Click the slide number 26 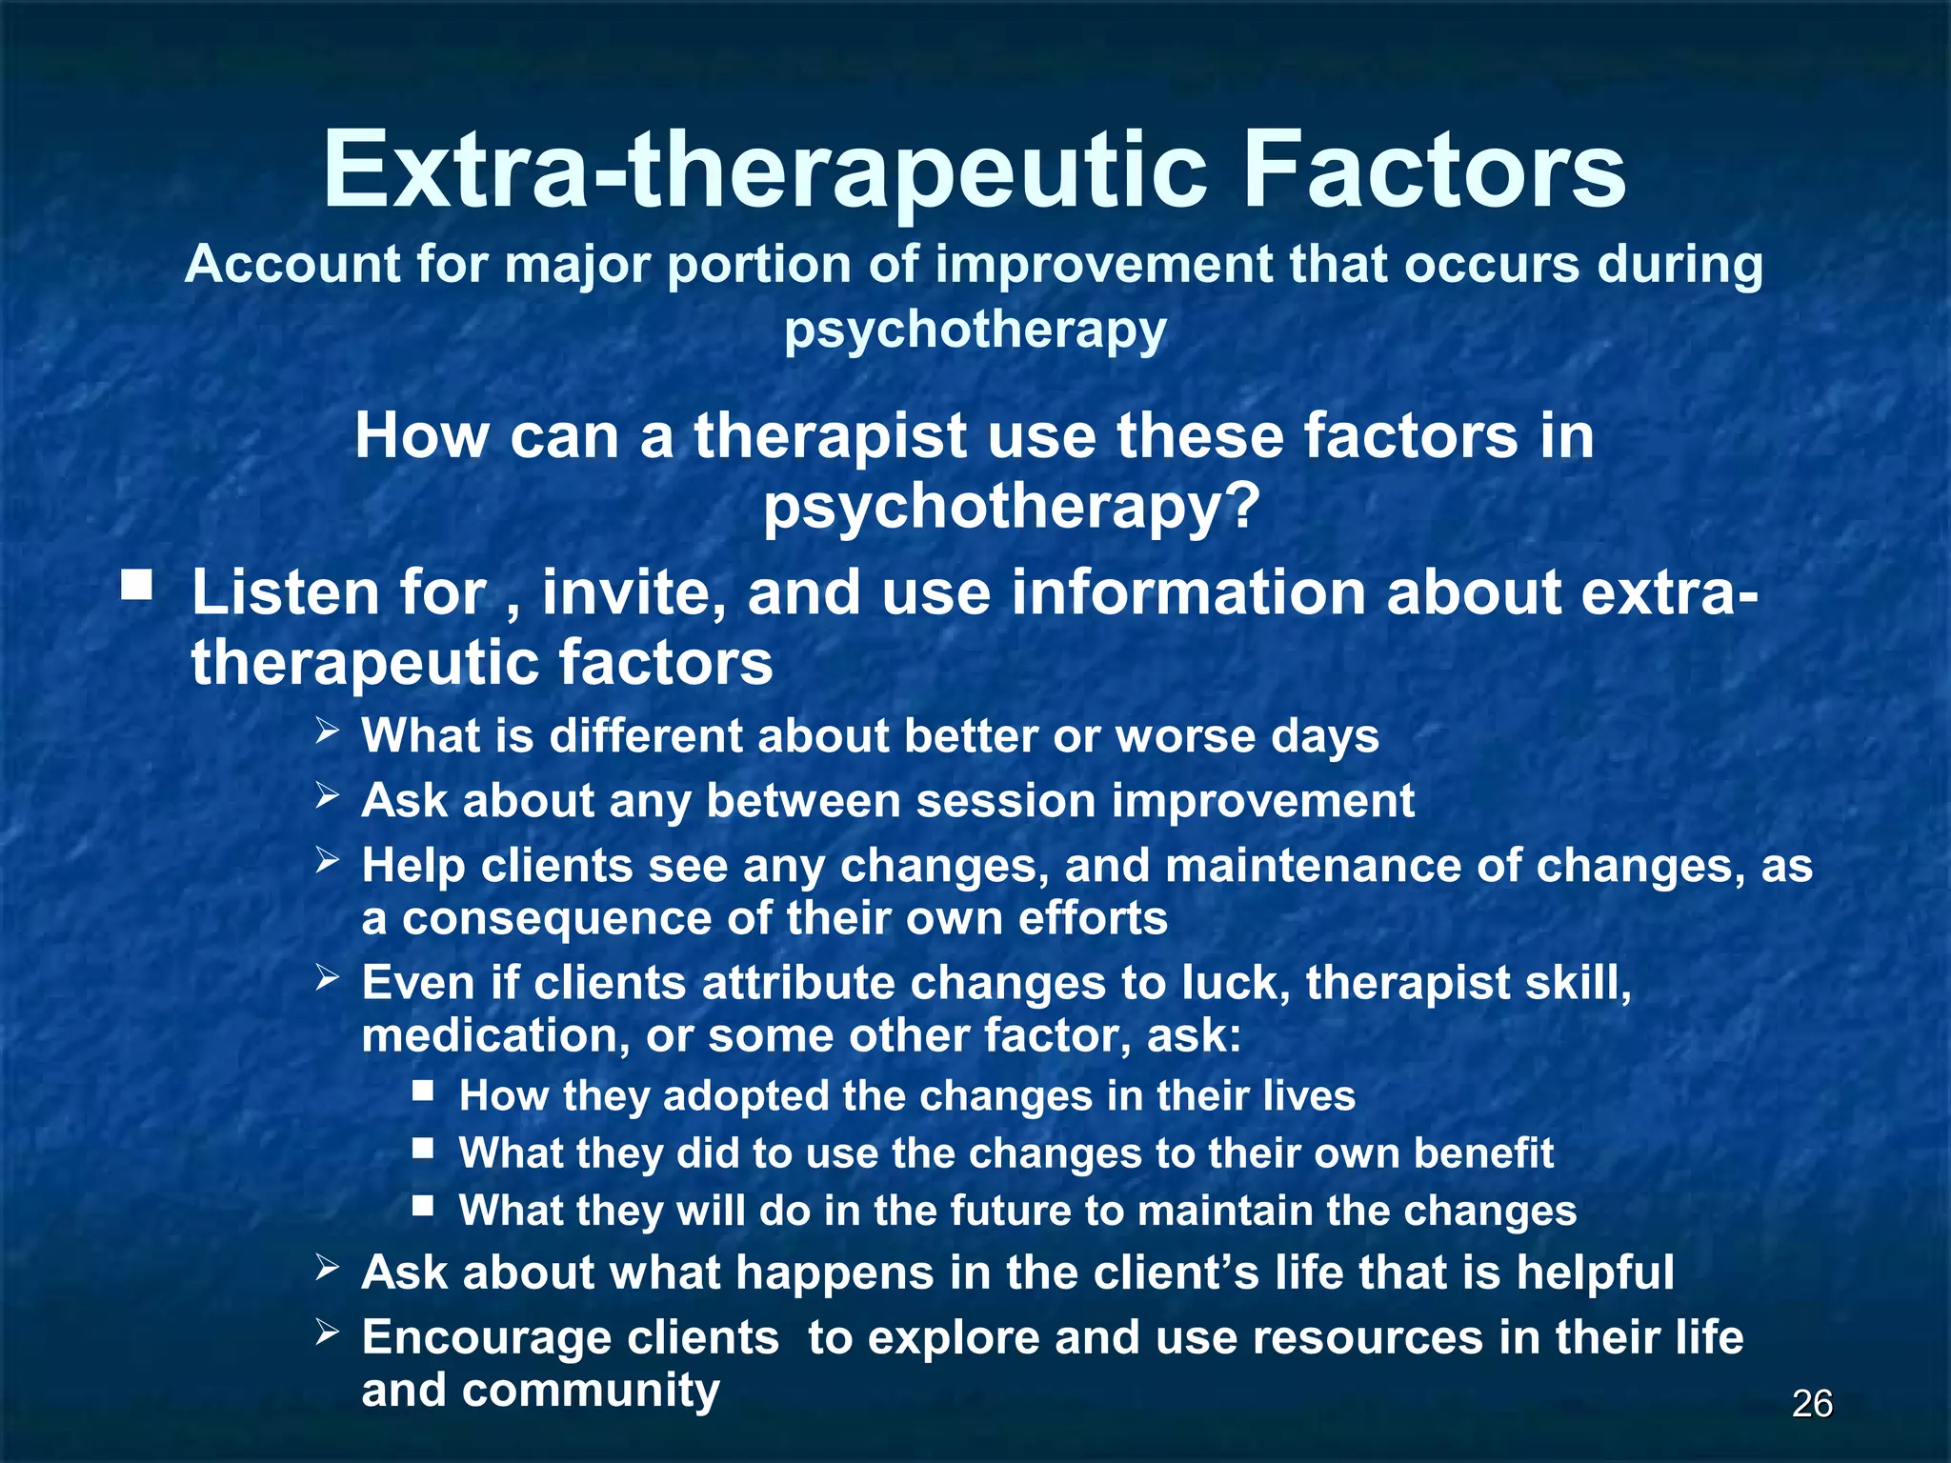[1812, 1404]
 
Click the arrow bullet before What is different [328, 732]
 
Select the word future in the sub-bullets [1011, 1211]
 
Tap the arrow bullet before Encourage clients [328, 1333]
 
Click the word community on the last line [591, 1391]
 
